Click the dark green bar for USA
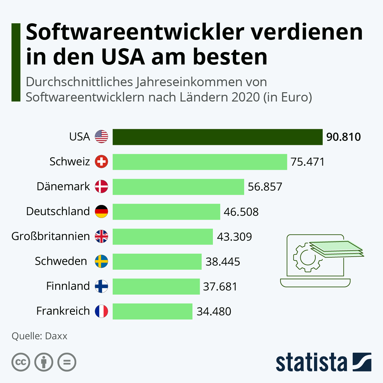pyautogui.click(x=217, y=137)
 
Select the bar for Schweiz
pyautogui.click(x=200, y=162)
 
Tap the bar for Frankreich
pyautogui.click(x=153, y=311)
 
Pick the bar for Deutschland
pyautogui.click(x=166, y=212)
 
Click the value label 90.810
pyautogui.click(x=343, y=137)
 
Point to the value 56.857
pyautogui.click(x=265, y=187)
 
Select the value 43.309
pyautogui.click(x=234, y=237)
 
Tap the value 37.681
pyautogui.click(x=220, y=286)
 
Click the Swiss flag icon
pyautogui.click(x=101, y=162)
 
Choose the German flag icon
pyautogui.click(x=101, y=212)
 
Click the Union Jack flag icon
pyautogui.click(x=101, y=237)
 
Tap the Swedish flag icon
pyautogui.click(x=101, y=261)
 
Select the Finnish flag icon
pyautogui.click(x=101, y=286)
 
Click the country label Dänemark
pyautogui.click(x=63, y=186)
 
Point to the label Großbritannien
pyautogui.click(x=50, y=236)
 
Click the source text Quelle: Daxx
pyautogui.click(x=39, y=336)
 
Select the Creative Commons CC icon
pyautogui.click(x=21, y=362)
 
